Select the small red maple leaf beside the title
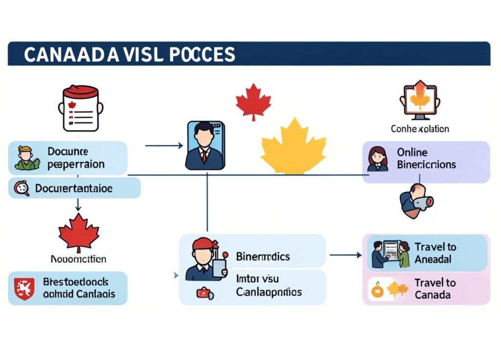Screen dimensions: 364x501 click(253, 102)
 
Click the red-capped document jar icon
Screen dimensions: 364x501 click(81, 108)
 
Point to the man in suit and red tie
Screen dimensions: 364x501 click(205, 145)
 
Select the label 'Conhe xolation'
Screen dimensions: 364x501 click(420, 129)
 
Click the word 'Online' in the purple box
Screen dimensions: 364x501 click(412, 152)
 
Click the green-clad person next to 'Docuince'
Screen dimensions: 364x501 click(26, 158)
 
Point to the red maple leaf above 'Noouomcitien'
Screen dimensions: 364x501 click(78, 232)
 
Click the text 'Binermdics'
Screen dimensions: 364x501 click(263, 257)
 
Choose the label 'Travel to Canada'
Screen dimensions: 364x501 click(435, 289)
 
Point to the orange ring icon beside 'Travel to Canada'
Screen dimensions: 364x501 click(378, 291)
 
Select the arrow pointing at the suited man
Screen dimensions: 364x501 click(164, 146)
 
